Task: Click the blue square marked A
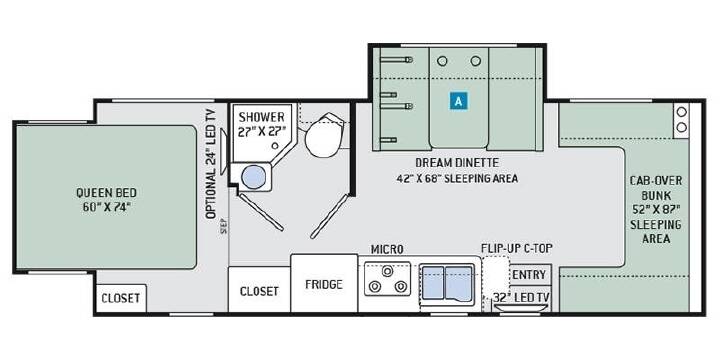pyautogui.click(x=458, y=101)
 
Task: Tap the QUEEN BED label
pyautogui.click(x=107, y=192)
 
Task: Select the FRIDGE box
pyautogui.click(x=324, y=283)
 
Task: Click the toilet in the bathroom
pyautogui.click(x=324, y=135)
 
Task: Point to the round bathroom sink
pyautogui.click(x=253, y=177)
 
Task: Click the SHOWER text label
pyautogui.click(x=261, y=117)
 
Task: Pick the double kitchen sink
pyautogui.click(x=447, y=283)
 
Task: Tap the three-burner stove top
pyautogui.click(x=387, y=279)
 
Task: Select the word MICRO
pyautogui.click(x=387, y=249)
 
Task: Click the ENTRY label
pyautogui.click(x=529, y=275)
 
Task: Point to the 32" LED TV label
pyautogui.click(x=521, y=297)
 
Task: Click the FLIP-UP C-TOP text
pyautogui.click(x=517, y=248)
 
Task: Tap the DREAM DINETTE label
pyautogui.click(x=457, y=163)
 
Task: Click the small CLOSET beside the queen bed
pyautogui.click(x=120, y=298)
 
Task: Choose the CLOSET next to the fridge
pyautogui.click(x=259, y=291)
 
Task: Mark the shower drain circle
pyautogui.click(x=275, y=146)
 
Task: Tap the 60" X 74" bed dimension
pyautogui.click(x=107, y=207)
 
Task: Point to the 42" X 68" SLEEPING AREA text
pyautogui.click(x=457, y=178)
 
